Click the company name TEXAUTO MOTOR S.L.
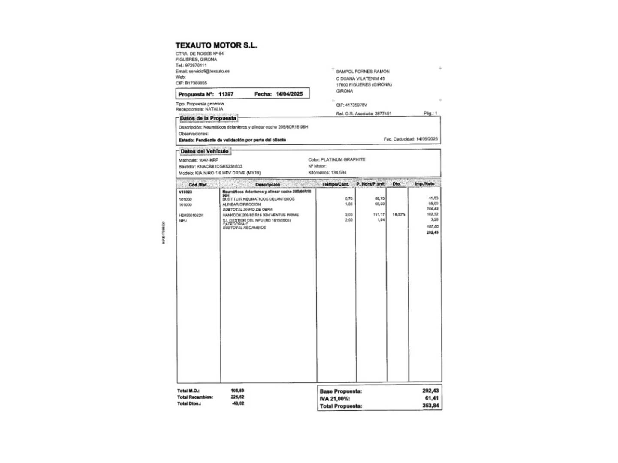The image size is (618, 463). [x=216, y=45]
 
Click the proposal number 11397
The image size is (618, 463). [x=226, y=94]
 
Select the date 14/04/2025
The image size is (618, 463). [x=289, y=94]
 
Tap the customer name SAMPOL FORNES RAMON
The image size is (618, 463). [x=363, y=72]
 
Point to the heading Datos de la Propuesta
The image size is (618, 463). [x=208, y=118]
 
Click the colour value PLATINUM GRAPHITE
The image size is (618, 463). [x=343, y=159]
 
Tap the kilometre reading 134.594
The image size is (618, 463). [x=339, y=173]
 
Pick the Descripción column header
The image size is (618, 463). [x=268, y=184]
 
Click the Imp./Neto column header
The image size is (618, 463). [x=424, y=184]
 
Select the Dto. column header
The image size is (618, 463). [x=397, y=184]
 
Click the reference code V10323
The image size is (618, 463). [x=185, y=192]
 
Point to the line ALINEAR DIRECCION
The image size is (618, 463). [x=242, y=204]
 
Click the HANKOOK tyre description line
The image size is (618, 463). [x=261, y=215]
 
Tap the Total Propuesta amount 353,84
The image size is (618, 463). [x=430, y=406]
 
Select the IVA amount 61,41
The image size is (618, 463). [x=432, y=398]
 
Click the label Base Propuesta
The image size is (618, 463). [x=341, y=391]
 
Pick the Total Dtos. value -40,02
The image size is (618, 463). [x=237, y=403]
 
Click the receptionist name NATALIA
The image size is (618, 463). [x=214, y=109]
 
